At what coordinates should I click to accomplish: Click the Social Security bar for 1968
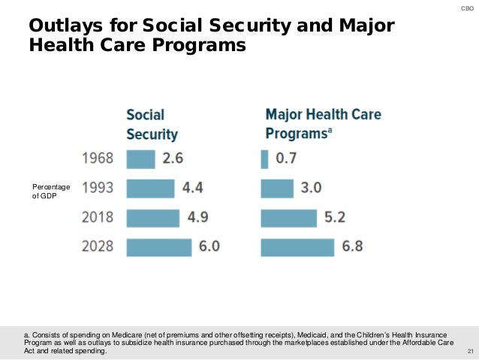point(140,159)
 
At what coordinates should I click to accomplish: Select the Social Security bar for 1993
point(150,189)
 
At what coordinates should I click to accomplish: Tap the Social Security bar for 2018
point(153,218)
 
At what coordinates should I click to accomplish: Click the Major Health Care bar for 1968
point(264,159)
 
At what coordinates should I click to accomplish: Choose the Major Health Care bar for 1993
point(277,189)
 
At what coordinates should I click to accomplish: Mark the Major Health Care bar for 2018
point(289,218)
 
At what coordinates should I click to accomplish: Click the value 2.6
point(172,159)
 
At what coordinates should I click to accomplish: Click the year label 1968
point(98,159)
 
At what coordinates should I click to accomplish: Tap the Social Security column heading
point(152,125)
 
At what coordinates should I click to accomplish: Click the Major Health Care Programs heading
point(323,125)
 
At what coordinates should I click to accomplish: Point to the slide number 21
point(471,352)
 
